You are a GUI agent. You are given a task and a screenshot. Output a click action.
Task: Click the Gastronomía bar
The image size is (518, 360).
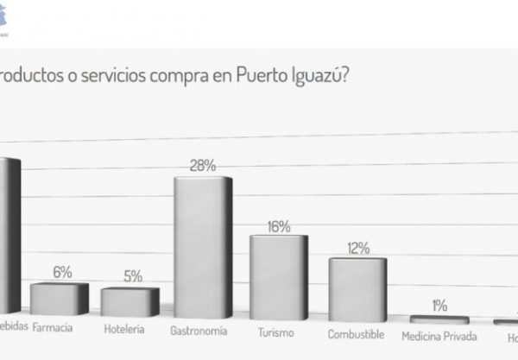203,245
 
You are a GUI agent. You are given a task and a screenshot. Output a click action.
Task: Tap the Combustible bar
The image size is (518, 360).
357,288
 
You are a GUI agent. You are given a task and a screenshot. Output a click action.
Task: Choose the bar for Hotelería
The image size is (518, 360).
129,301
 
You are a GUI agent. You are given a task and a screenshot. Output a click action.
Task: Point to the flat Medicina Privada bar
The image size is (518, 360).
439,319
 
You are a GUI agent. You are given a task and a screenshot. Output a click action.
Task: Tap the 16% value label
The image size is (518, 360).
278,226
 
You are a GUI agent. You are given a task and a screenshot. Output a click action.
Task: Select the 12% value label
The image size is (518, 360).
357,249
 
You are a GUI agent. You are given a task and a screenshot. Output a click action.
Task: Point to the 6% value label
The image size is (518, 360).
62,272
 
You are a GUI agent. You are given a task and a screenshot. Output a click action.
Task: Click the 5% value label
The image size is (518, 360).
131,277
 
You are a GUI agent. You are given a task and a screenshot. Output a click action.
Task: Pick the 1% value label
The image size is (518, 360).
439,306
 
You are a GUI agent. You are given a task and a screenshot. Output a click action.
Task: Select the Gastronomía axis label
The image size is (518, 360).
200,331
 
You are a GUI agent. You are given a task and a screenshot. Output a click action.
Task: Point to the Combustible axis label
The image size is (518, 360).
357,333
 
